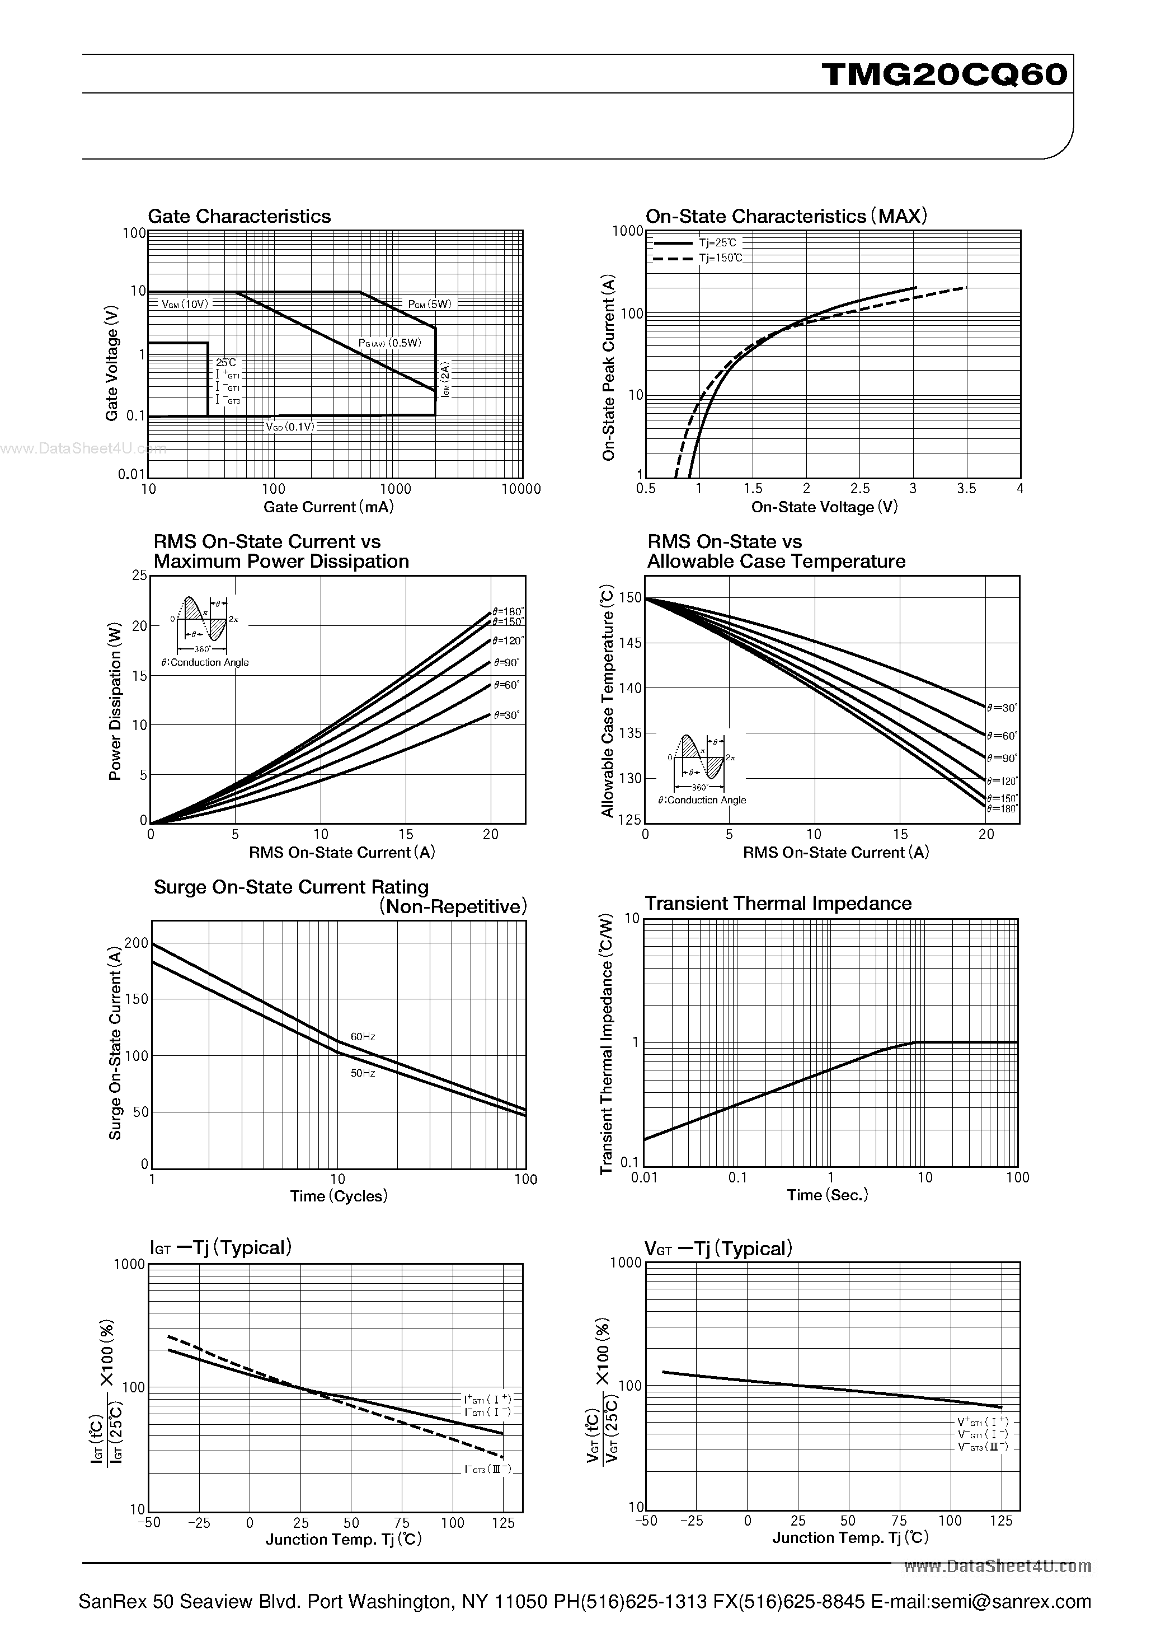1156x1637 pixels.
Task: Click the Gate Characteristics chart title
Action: [239, 216]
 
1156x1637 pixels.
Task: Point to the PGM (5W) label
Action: [430, 304]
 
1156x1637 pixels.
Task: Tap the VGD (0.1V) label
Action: [290, 427]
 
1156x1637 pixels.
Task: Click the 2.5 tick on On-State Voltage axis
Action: [860, 488]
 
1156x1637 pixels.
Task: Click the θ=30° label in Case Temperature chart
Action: [1002, 708]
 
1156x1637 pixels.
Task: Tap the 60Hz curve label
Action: [363, 1037]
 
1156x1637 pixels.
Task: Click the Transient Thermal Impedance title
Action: [778, 904]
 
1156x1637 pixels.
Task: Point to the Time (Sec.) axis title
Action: [828, 1195]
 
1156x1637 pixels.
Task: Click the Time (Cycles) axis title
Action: [339, 1196]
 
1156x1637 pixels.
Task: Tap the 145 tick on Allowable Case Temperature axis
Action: [632, 643]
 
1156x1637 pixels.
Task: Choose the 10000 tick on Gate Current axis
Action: [521, 489]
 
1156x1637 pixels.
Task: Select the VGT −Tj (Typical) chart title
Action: [718, 1248]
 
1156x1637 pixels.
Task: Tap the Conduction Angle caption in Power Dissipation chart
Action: [205, 662]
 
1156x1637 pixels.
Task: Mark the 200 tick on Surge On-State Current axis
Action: [136, 943]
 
